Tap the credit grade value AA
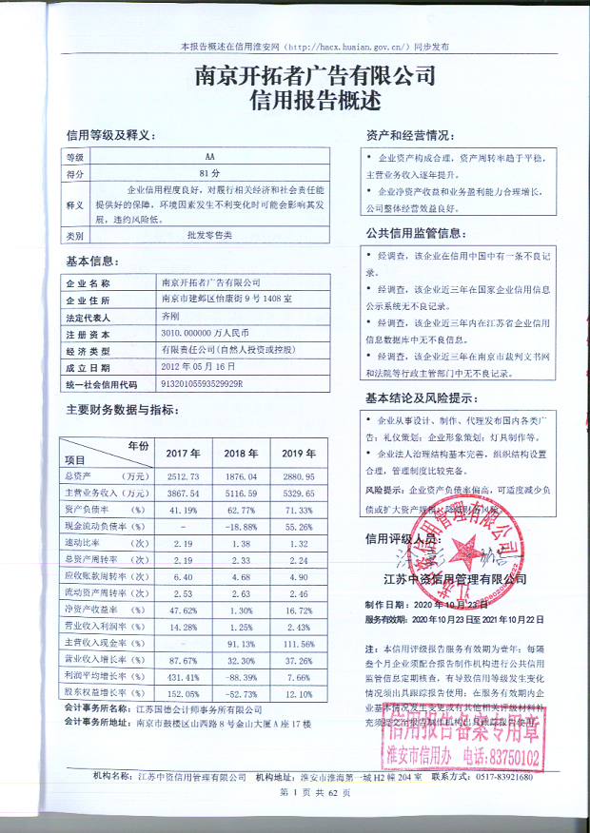(209, 157)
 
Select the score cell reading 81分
(209, 174)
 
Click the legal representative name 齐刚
(170, 317)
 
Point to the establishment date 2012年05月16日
(199, 367)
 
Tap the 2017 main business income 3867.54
(180, 494)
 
